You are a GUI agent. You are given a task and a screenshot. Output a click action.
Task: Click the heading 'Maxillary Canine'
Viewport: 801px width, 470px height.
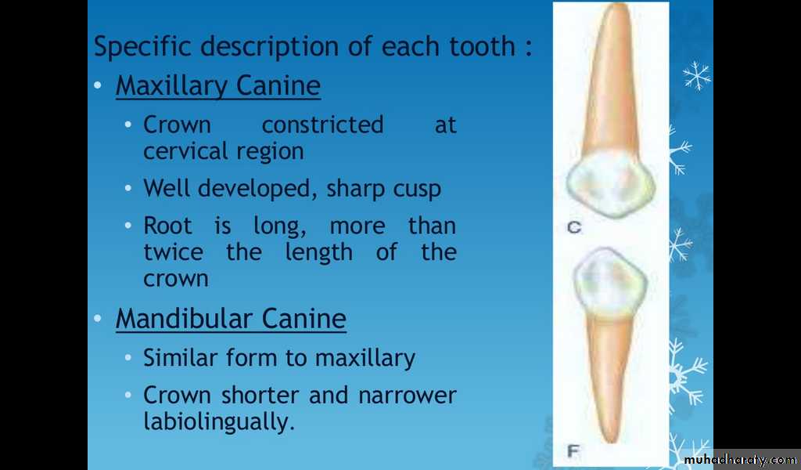218,86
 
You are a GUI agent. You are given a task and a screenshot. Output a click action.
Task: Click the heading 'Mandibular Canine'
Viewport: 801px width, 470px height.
231,319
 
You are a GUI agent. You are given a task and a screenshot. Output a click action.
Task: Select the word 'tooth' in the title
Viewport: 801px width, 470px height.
482,46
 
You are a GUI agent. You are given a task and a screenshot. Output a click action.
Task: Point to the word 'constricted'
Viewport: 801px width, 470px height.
322,125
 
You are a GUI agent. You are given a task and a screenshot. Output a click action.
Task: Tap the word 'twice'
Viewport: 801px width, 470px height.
173,251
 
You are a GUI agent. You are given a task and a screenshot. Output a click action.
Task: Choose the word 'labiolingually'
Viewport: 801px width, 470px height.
219,422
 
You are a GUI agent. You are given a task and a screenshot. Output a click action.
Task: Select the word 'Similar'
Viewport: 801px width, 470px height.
181,357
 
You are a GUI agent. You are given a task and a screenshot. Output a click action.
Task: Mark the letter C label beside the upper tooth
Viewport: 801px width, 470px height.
574,228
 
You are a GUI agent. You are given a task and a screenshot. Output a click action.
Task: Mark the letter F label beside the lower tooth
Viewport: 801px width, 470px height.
573,451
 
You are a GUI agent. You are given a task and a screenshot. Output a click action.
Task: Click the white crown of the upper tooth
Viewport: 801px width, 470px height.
610,184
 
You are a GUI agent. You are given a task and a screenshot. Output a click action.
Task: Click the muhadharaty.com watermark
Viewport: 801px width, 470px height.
740,460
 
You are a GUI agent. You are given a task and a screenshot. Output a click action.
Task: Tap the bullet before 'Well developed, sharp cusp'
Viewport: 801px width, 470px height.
128,188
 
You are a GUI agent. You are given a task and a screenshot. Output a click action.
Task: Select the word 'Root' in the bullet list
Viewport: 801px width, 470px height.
167,226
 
